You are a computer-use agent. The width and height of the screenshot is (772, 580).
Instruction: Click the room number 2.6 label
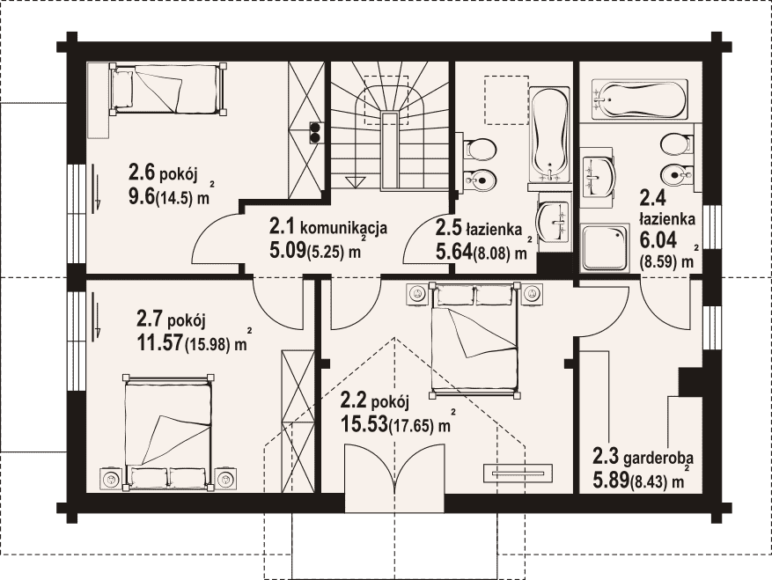(x=142, y=173)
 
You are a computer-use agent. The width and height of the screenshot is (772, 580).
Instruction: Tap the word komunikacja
(x=343, y=229)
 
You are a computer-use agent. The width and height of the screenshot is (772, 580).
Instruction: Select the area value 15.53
(x=363, y=424)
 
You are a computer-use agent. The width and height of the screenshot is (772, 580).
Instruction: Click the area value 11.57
(x=159, y=342)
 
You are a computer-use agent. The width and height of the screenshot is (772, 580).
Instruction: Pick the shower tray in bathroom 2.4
(x=605, y=248)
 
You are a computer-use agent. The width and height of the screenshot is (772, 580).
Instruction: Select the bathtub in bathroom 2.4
(x=639, y=100)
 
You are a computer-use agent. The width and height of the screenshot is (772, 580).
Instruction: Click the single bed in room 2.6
(x=168, y=89)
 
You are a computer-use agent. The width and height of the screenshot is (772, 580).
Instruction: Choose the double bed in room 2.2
(x=474, y=340)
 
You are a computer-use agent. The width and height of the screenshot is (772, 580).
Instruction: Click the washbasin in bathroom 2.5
(x=554, y=220)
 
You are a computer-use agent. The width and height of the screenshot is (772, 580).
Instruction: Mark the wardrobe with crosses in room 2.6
(x=306, y=130)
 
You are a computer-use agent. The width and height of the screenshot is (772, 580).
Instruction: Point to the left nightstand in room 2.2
(x=417, y=294)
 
